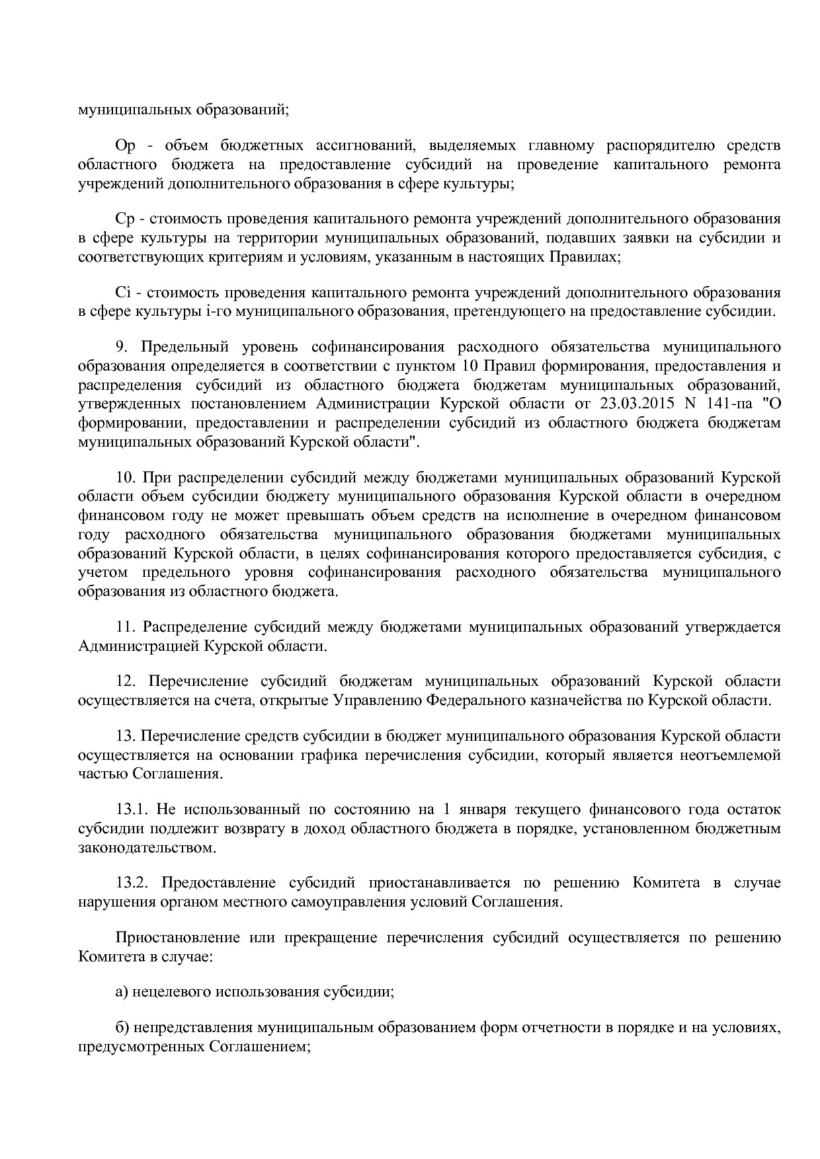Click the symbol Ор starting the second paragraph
tap(125, 145)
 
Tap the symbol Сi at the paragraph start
tap(123, 292)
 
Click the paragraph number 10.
tap(125, 477)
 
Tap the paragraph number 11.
tap(125, 626)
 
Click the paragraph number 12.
tap(125, 681)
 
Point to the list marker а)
tap(122, 992)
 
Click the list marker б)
tap(122, 1028)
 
